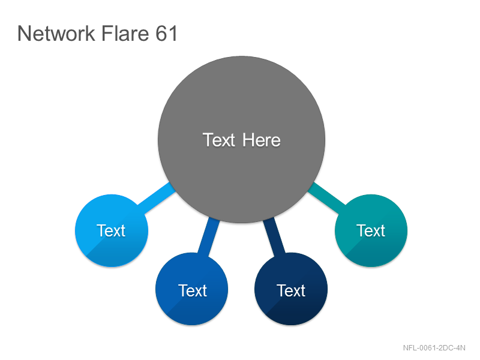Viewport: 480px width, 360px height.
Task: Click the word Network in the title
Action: [56, 34]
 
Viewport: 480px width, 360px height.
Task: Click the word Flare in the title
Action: [125, 33]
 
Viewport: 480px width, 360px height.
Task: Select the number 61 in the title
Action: [166, 33]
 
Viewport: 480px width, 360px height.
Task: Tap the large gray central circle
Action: [242, 139]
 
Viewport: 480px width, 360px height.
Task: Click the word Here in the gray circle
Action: [262, 140]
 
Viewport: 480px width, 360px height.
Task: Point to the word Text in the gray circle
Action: [219, 140]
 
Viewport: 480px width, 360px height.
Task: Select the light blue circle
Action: [112, 230]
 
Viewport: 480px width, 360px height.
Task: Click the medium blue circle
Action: [191, 289]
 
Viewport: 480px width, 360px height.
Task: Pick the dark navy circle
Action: [291, 289]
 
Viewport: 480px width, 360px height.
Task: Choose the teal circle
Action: [371, 230]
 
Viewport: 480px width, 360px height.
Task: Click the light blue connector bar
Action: [157, 198]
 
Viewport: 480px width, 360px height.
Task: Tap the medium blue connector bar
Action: [209, 237]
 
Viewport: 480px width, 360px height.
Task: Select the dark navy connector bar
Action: [274, 236]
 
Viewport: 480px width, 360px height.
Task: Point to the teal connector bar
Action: [326, 198]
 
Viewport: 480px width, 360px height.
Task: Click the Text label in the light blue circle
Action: [111, 230]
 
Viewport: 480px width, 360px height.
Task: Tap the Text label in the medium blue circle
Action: [193, 290]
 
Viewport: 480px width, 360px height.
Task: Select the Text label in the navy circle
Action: [291, 290]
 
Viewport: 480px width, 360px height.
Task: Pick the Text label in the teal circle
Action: [371, 230]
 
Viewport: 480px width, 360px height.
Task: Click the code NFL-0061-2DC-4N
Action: [434, 348]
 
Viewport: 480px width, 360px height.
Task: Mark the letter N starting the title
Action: [25, 34]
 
